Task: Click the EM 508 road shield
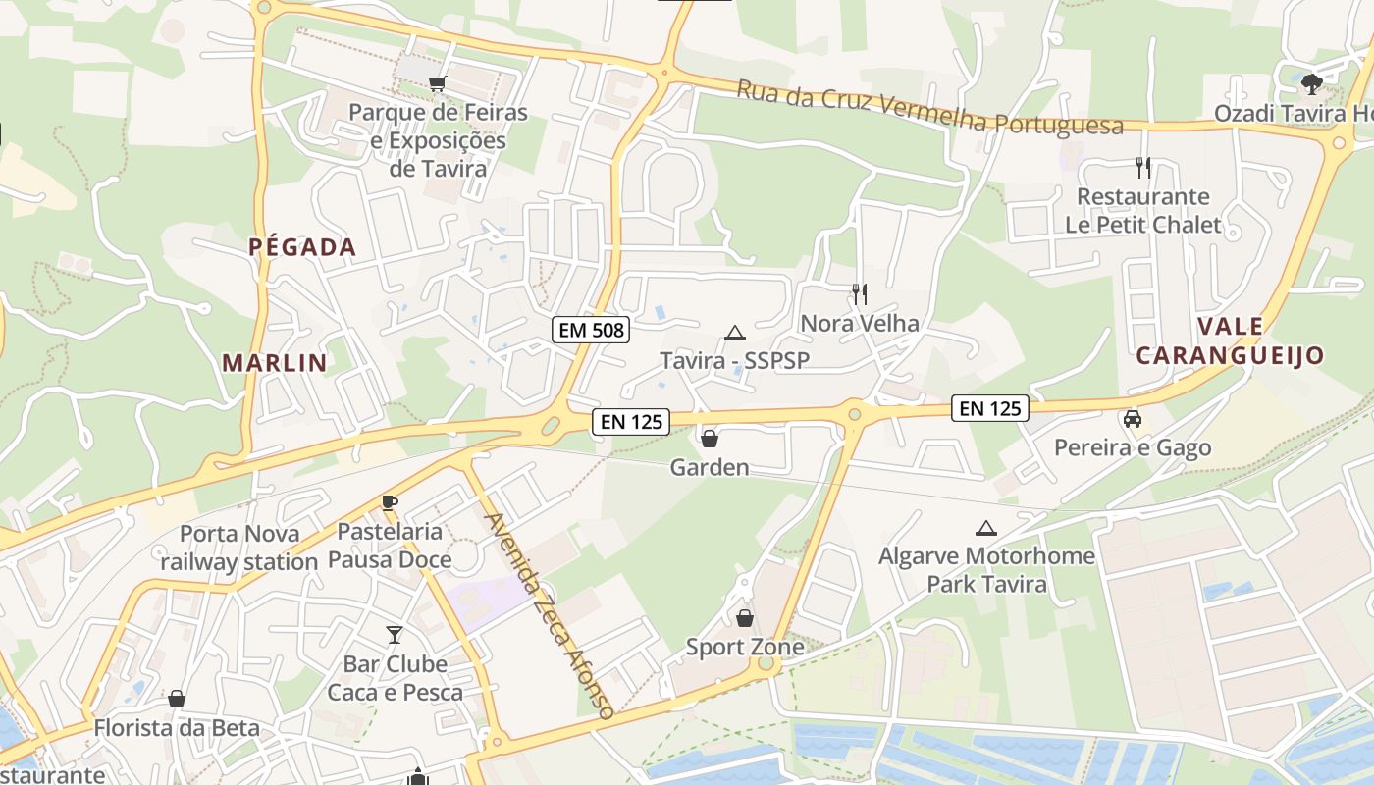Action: (x=591, y=330)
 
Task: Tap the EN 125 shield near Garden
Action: (x=631, y=422)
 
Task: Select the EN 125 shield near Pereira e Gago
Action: (x=989, y=408)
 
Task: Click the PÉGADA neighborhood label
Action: (x=302, y=247)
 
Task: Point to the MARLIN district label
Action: (x=275, y=363)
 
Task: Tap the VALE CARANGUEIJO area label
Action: (x=1231, y=340)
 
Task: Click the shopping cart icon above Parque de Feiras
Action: (x=438, y=84)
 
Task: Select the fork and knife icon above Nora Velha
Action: (x=860, y=293)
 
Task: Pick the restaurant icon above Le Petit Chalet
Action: (x=1142, y=167)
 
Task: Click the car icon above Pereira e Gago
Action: (x=1133, y=419)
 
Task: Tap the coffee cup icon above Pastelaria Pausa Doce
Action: (x=390, y=502)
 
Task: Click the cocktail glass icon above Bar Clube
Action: (x=395, y=635)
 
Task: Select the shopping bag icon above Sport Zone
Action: (x=745, y=618)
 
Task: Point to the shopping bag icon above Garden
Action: (x=710, y=439)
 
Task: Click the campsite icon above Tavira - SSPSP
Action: (x=734, y=333)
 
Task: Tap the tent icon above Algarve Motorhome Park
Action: (x=986, y=528)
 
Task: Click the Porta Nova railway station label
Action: (x=238, y=548)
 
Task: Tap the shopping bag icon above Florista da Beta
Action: (x=177, y=699)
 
